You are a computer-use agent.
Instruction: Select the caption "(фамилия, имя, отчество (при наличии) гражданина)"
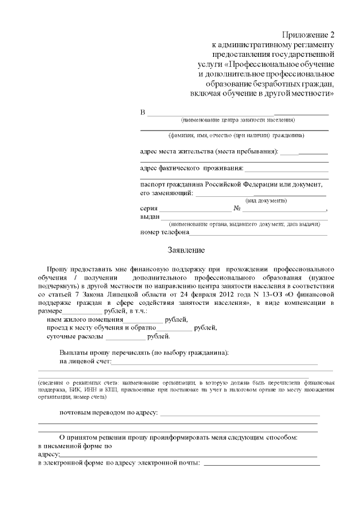(x=236, y=136)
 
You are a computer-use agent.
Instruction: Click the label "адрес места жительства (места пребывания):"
(x=209, y=152)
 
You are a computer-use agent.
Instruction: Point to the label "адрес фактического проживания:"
(x=191, y=168)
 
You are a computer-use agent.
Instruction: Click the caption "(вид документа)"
(x=266, y=201)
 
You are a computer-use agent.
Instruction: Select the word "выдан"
(x=150, y=217)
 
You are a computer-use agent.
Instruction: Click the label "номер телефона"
(x=164, y=232)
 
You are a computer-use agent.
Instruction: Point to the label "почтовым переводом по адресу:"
(x=109, y=413)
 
